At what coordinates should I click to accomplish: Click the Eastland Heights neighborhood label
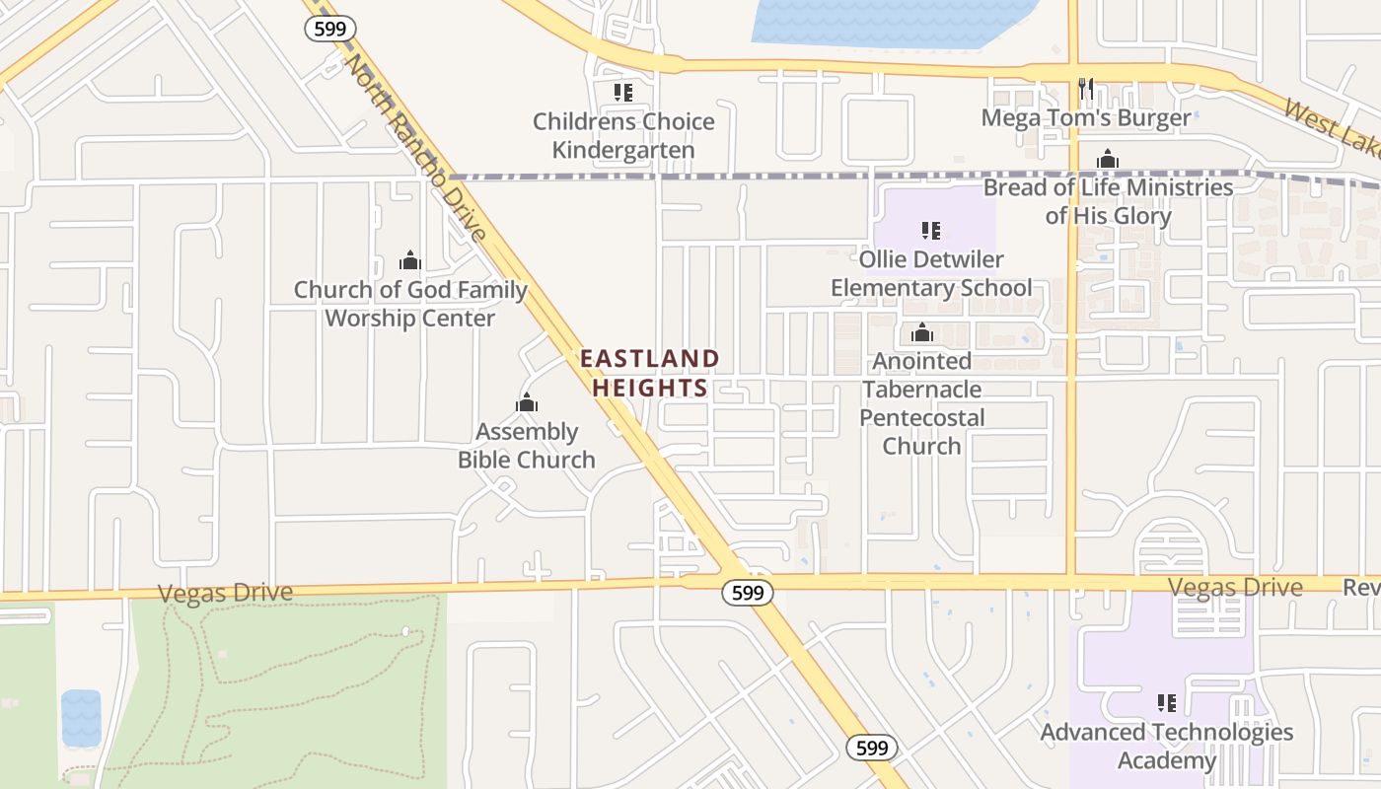pos(649,373)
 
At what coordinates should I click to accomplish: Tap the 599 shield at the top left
pos(329,29)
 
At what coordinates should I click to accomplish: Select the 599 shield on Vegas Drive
pos(747,593)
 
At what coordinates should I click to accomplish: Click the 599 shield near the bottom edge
pos(872,748)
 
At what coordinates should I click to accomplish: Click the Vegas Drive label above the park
pos(225,593)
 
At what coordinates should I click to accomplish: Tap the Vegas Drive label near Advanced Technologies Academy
pos(1235,588)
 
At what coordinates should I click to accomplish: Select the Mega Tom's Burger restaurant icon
pos(1086,89)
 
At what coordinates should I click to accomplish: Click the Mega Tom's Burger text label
pos(1086,118)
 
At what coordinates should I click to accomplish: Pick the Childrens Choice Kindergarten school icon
pos(622,93)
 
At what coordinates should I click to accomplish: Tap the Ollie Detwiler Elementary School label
pos(931,273)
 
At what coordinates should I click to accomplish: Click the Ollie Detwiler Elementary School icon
pos(930,231)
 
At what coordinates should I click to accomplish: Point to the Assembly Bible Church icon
pos(527,402)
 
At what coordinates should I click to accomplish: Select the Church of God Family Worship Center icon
pos(409,260)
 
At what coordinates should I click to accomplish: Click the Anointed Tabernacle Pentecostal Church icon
pos(922,332)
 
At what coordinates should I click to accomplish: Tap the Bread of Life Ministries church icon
pos(1107,159)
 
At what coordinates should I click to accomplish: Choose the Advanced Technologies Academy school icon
pos(1167,703)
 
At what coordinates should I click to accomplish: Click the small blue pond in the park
pos(81,717)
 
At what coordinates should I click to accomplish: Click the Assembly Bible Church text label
pos(527,446)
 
